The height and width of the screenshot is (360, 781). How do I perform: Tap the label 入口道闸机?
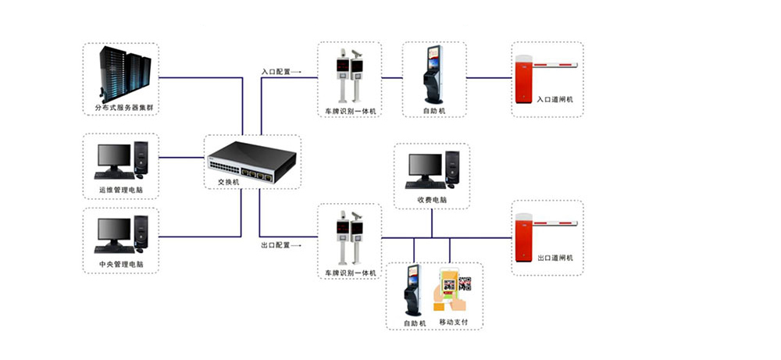tap(555, 100)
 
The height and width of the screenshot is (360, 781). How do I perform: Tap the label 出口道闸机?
tap(555, 258)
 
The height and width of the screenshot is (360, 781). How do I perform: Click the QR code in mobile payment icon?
tap(465, 283)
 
